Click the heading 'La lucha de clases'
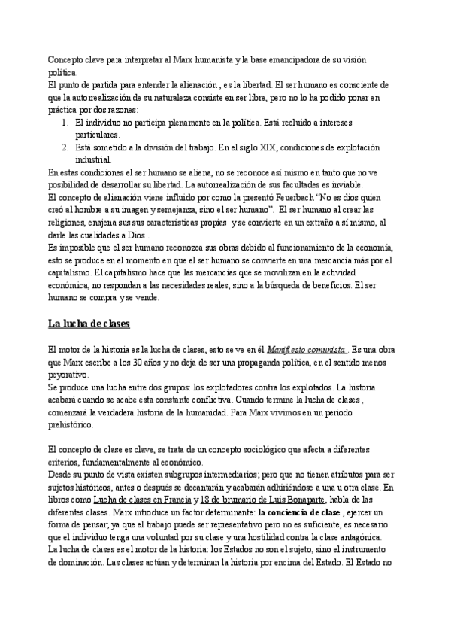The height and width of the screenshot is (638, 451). point(89,324)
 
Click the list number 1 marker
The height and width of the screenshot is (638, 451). point(65,122)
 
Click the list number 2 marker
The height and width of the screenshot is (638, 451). point(65,147)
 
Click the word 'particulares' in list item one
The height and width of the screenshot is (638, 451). point(98,134)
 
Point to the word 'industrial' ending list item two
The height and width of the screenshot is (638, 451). point(92,159)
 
